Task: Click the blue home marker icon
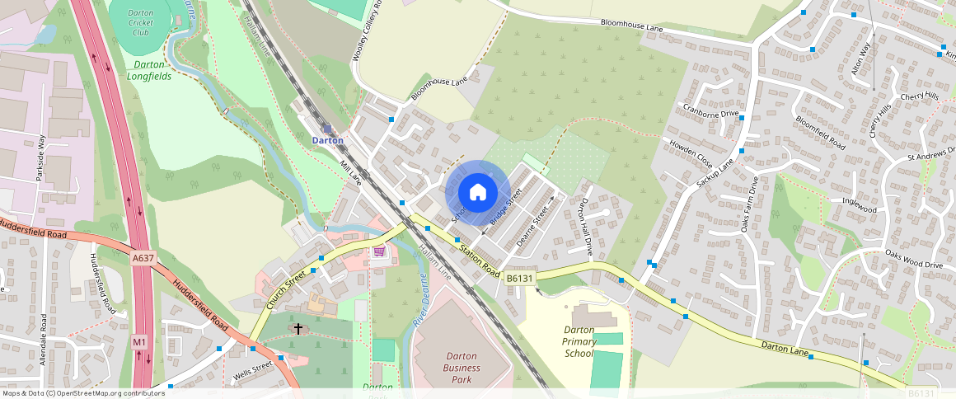[477, 193]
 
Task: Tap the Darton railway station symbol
[327, 129]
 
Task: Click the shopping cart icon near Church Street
[379, 251]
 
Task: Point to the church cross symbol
[298, 328]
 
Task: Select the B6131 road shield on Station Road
[521, 279]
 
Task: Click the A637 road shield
[143, 258]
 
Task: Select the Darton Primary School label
[579, 341]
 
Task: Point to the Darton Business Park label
[462, 368]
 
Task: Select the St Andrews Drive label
[930, 157]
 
